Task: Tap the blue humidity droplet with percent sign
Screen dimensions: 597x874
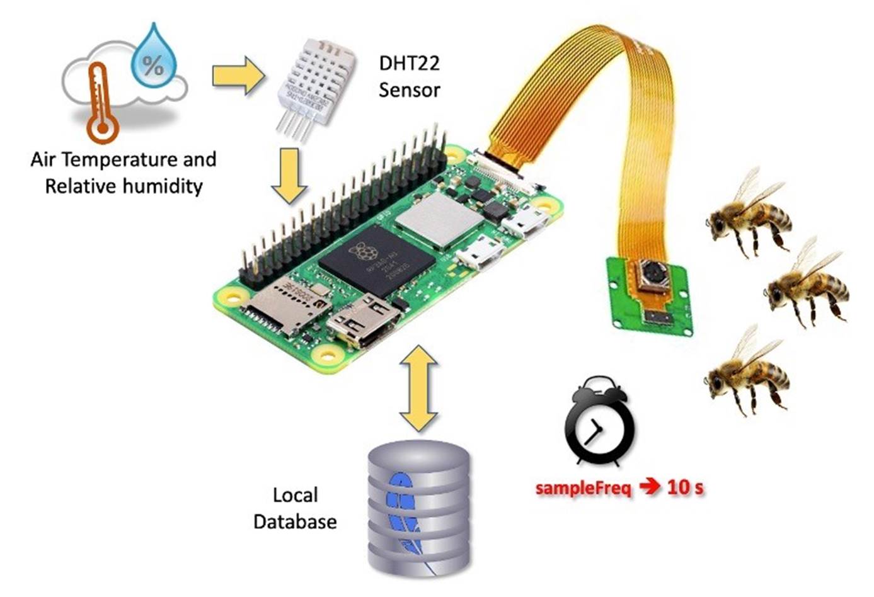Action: tap(152, 57)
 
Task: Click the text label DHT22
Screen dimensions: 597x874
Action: tap(409, 63)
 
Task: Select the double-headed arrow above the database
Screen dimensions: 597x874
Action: tap(418, 387)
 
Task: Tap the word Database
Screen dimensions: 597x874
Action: tap(295, 522)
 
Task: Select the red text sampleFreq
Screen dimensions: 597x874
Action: tap(584, 488)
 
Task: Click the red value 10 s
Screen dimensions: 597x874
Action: tap(685, 487)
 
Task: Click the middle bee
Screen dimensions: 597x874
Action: tap(807, 287)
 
